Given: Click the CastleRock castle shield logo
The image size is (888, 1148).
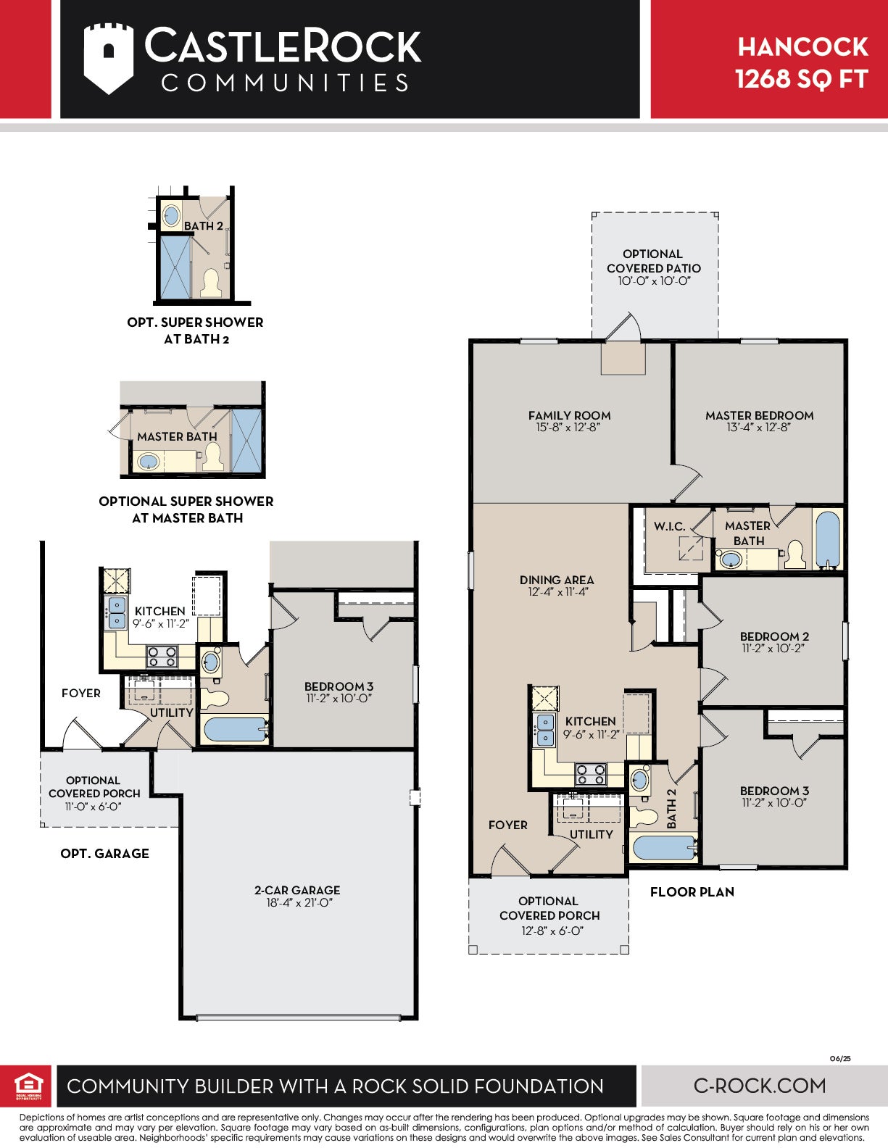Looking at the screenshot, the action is (x=108, y=59).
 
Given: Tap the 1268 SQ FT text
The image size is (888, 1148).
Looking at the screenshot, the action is (x=802, y=79).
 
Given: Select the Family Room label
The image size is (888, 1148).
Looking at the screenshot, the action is (x=569, y=415).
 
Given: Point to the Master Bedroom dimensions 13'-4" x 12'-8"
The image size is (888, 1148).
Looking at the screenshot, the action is (x=758, y=428).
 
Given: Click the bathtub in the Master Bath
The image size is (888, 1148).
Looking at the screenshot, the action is (x=829, y=540).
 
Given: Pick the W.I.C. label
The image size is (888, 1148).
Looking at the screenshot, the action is (x=669, y=526).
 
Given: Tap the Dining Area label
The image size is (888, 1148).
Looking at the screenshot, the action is (x=557, y=580).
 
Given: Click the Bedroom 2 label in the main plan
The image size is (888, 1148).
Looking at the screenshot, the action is (x=774, y=636).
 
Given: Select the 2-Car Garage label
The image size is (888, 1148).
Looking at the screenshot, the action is (x=297, y=890).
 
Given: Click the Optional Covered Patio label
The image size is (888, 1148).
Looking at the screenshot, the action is (x=653, y=261).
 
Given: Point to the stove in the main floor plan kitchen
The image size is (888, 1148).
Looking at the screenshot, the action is (x=591, y=775).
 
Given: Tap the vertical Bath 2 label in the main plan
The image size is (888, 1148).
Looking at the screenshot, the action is (x=671, y=808).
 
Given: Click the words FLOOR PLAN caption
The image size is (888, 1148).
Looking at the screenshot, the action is (x=692, y=892).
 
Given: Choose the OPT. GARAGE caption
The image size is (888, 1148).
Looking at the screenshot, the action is (x=104, y=854).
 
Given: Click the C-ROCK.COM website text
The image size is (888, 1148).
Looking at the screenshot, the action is (x=760, y=1086).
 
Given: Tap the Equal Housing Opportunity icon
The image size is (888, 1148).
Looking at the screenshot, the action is (x=28, y=1086).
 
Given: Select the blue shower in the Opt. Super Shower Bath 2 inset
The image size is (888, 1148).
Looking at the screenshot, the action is (x=175, y=267).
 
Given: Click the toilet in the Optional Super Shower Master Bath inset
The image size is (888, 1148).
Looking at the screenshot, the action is (x=213, y=457).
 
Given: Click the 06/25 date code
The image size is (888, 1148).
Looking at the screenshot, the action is (x=840, y=1059).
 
